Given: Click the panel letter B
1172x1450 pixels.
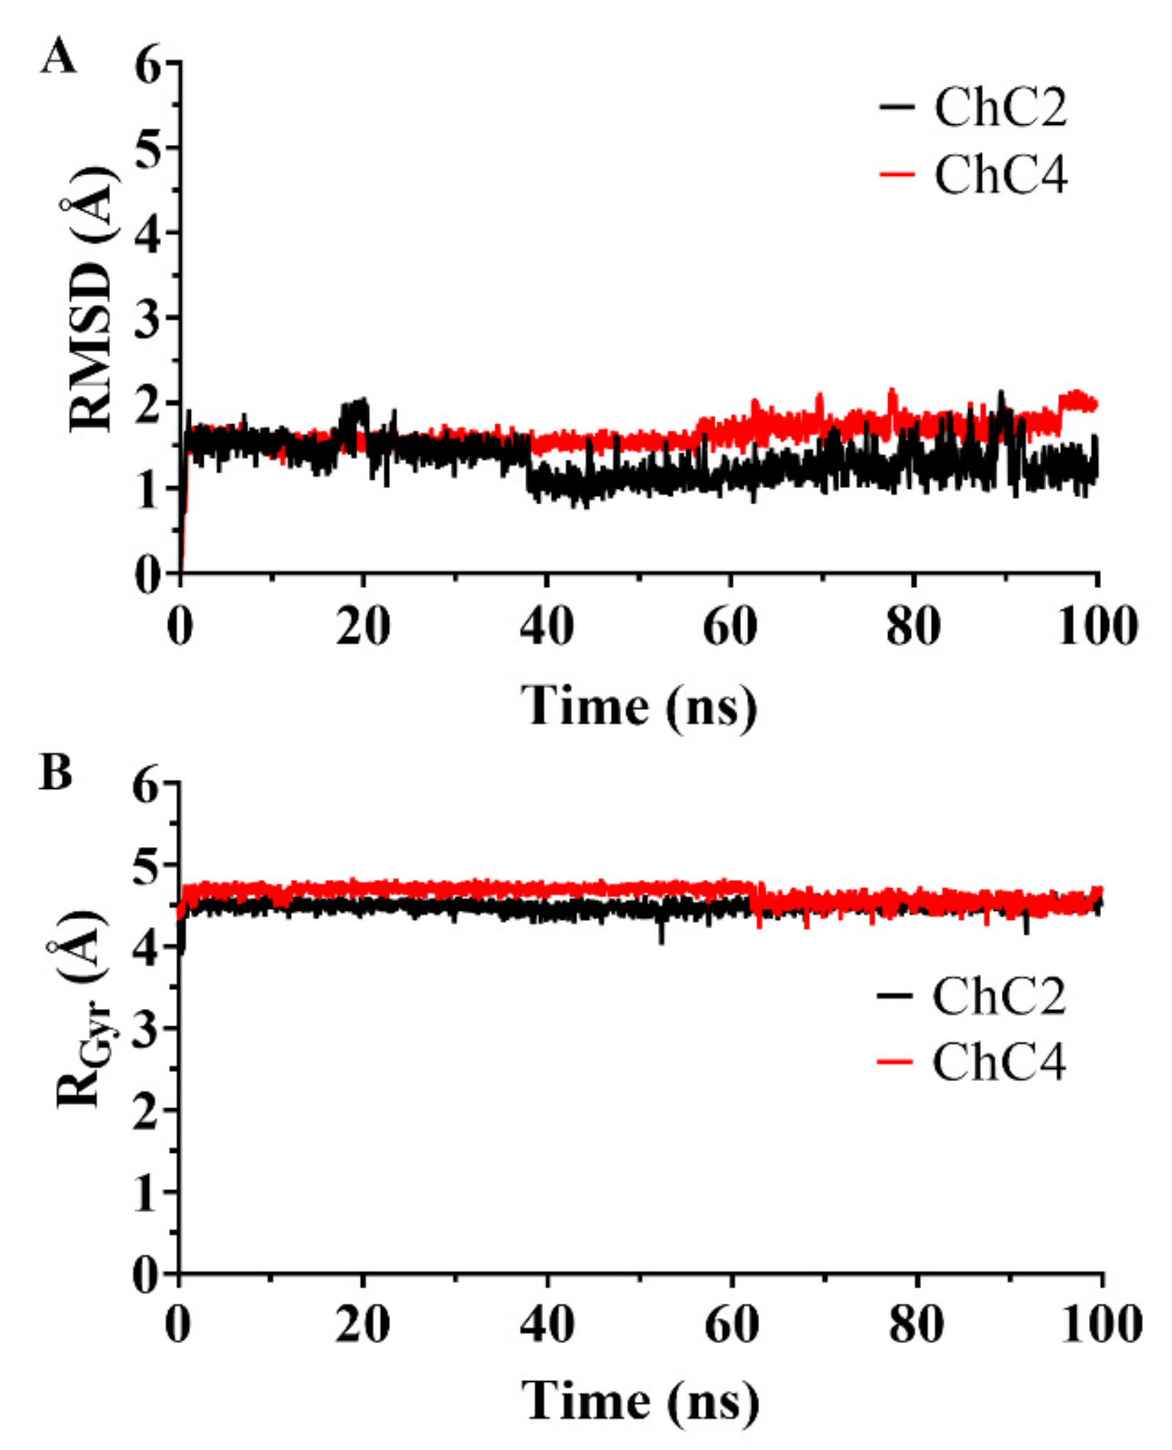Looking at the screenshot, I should coord(57,773).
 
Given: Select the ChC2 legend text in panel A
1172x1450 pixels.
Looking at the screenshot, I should coord(1000,109).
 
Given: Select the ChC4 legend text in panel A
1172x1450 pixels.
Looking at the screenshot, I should coord(1000,175).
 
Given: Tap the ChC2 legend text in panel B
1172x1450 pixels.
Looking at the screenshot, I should coord(999,996).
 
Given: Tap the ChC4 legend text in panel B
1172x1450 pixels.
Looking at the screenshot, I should coord(999,1063).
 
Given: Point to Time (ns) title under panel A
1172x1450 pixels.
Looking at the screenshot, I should coord(639,707).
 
